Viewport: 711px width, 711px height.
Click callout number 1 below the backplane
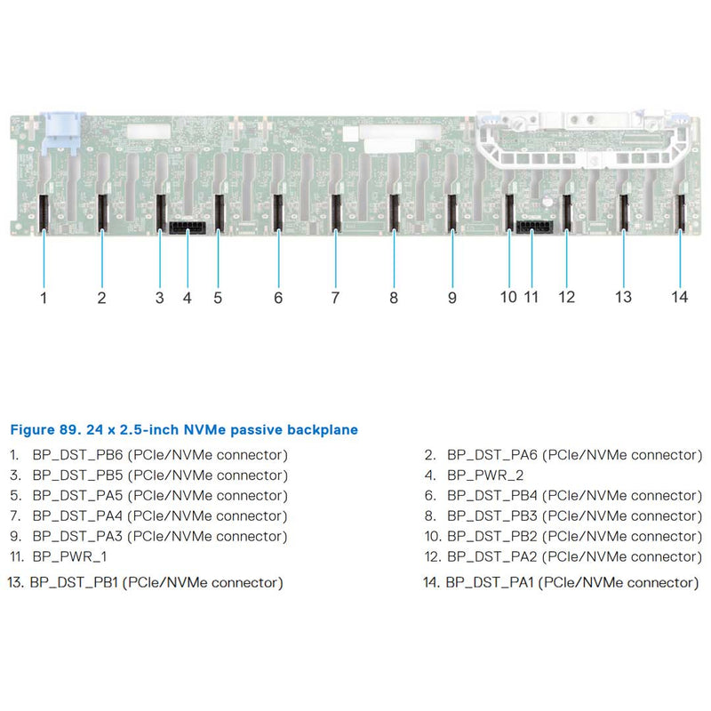44,298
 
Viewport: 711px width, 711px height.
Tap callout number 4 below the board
188,298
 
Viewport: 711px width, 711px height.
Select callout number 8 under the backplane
394,298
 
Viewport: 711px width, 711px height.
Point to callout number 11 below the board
531,297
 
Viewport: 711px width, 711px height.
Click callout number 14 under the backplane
680,297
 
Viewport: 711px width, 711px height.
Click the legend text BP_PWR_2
485,475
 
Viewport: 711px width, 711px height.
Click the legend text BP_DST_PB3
490,515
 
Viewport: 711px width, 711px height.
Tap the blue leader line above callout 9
452,258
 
